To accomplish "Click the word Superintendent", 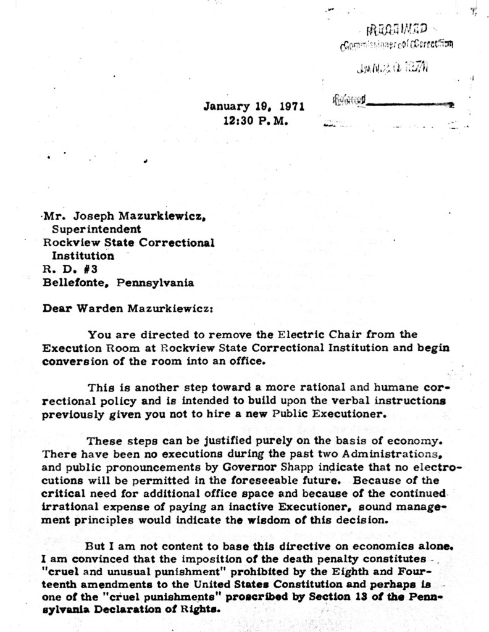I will (x=96, y=229).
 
